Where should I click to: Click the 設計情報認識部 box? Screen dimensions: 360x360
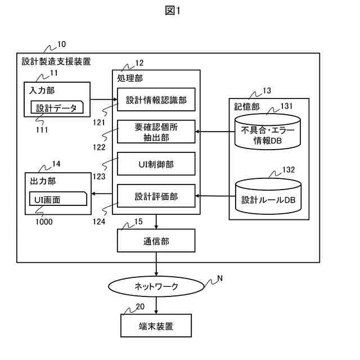[x=156, y=100]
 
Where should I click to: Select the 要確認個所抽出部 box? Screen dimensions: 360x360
[x=156, y=132]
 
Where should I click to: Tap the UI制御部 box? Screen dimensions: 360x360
[x=156, y=164]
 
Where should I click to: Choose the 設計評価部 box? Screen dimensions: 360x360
[x=156, y=196]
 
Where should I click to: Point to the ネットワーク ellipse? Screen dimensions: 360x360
[x=156, y=286]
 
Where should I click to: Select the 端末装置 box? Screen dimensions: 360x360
[x=156, y=326]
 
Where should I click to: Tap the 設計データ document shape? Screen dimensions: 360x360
[x=56, y=108]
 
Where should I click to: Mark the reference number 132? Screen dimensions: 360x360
[x=289, y=169]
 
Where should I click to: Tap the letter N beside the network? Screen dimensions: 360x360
[x=219, y=278]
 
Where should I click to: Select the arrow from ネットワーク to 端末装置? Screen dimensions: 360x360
[x=156, y=304]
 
